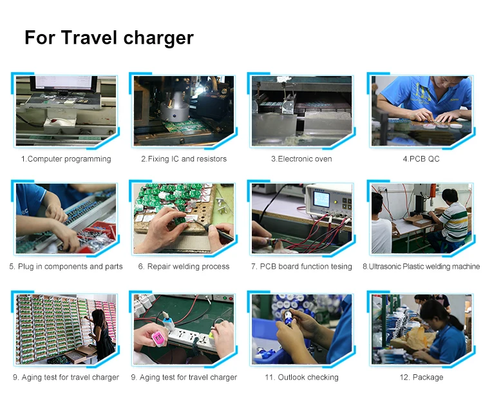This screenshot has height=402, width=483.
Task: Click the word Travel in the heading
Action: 90,37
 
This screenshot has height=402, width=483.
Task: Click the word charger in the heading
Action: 158,39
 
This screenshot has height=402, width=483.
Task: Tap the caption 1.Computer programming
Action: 66,159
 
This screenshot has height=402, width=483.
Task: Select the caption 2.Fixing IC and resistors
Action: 184,159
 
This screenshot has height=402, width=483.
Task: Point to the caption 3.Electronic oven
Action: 301,159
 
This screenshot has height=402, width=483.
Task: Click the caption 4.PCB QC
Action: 421,159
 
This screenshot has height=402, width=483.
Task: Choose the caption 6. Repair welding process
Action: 184,267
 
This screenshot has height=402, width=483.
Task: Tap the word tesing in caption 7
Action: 340,267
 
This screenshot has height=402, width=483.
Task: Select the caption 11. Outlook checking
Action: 301,378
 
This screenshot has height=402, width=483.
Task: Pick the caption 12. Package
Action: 421,378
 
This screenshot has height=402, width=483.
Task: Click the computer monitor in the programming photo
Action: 64,84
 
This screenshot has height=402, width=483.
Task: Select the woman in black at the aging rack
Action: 102,334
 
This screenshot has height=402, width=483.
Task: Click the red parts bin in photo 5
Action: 98,231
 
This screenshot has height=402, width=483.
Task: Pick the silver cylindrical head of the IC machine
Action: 175,108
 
